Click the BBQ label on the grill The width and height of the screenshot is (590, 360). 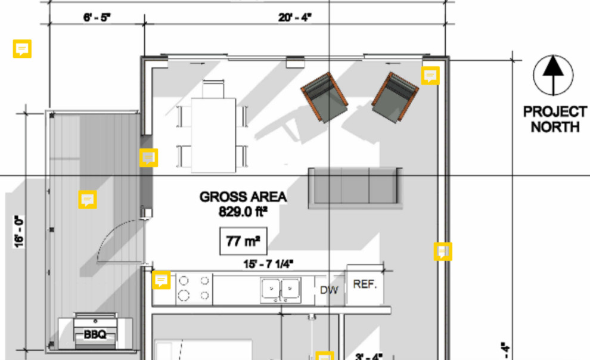point(95,335)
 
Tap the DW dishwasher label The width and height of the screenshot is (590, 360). point(329,290)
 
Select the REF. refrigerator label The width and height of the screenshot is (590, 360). point(365,285)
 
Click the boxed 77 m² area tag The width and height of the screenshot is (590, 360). point(243,241)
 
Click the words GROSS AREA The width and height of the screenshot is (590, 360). point(243,197)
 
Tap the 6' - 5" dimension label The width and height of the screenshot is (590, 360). point(97,17)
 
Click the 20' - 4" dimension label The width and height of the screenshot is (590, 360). point(295,17)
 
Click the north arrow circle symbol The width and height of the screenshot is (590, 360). point(554,75)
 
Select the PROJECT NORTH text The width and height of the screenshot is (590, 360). point(554,119)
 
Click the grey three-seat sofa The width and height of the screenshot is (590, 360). point(353,187)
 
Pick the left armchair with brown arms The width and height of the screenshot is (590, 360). point(324,97)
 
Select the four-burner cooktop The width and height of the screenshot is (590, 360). point(194,287)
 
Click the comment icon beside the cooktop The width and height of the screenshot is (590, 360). point(162,280)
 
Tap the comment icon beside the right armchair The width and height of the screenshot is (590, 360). point(430,76)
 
